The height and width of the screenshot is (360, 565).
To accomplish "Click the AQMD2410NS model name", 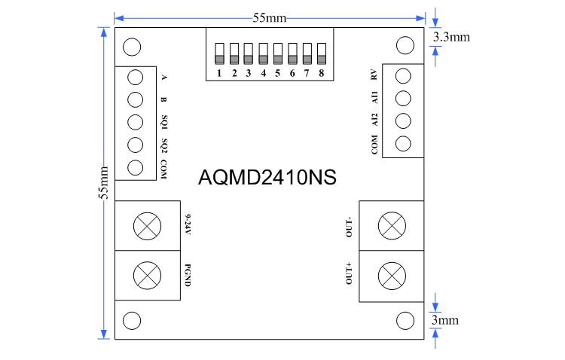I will [x=267, y=178].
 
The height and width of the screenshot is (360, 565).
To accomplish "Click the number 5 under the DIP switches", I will [x=278, y=74].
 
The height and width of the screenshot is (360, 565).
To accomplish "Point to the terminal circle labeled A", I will [x=136, y=77].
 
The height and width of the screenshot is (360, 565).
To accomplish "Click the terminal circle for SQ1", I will [x=136, y=122].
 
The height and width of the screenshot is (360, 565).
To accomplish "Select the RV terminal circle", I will [x=402, y=75].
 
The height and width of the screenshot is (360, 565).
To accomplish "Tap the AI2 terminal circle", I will [x=402, y=121].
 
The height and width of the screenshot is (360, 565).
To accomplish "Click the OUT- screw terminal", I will [x=391, y=224].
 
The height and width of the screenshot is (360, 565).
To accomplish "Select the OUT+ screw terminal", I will [x=391, y=274].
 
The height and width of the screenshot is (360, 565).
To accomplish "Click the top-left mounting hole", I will [x=132, y=47].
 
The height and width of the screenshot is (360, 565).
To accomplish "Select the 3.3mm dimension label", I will [x=451, y=35].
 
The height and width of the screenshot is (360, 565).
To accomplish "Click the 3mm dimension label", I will [x=444, y=320].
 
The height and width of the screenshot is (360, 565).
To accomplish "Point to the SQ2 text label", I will [x=163, y=145].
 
